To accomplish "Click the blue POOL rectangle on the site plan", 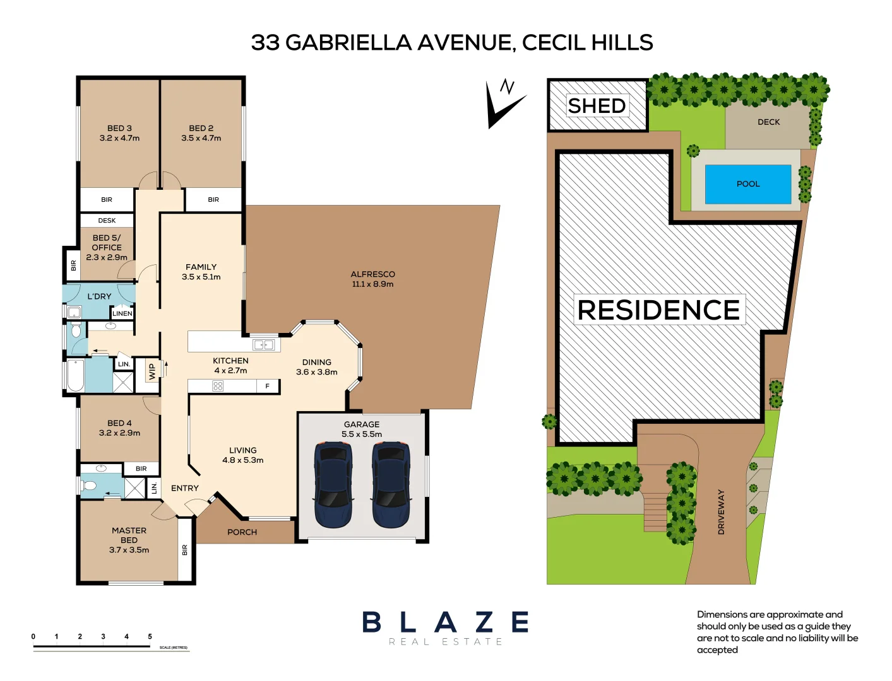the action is point(747,184).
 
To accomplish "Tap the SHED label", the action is point(597,105).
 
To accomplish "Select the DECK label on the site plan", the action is point(768,122).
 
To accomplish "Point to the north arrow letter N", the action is point(507,86).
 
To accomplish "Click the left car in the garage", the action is point(333,484).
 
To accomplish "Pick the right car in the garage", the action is point(391,484).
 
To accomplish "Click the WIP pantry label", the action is point(152,371).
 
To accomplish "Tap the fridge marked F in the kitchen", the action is point(268,386).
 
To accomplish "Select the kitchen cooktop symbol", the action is point(218,385).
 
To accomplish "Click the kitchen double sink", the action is point(263,345).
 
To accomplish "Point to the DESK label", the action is point(107,220).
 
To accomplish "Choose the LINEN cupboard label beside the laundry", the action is point(122,313).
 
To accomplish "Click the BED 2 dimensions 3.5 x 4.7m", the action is point(201,138).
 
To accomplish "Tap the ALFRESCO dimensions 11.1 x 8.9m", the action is point(372,284).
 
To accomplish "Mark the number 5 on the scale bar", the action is point(150,636).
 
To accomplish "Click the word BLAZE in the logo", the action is point(446,622).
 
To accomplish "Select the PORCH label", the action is point(242,532).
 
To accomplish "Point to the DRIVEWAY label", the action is point(721,512).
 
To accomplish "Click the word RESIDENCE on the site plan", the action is point(658,310).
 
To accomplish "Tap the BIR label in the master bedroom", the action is point(185,550).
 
